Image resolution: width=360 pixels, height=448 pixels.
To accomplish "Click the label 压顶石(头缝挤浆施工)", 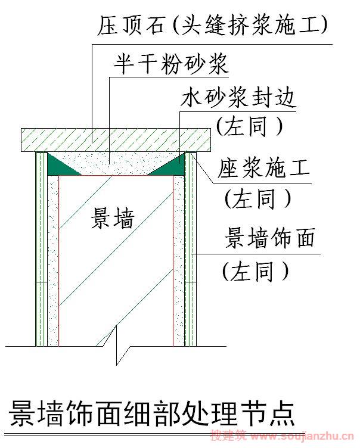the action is [x=212, y=25].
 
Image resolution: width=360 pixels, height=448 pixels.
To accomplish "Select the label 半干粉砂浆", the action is [x=171, y=64].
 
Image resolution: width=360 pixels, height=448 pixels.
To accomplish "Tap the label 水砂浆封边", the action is [x=238, y=98].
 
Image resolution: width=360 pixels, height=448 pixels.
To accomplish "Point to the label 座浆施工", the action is [x=263, y=168].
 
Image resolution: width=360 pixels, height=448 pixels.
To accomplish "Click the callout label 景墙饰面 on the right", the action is [x=269, y=238].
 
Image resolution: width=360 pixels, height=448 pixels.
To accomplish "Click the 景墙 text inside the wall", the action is [x=113, y=217].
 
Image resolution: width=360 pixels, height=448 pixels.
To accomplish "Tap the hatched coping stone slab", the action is [x=116, y=140].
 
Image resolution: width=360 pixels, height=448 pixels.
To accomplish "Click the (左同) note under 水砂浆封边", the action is [x=249, y=126].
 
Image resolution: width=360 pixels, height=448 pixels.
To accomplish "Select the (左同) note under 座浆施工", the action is [x=257, y=198].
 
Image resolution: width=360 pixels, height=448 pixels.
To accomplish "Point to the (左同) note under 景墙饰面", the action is [x=255, y=270].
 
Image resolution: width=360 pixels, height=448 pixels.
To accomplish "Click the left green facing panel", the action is [x=42, y=249].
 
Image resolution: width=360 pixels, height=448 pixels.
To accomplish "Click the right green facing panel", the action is [x=191, y=249].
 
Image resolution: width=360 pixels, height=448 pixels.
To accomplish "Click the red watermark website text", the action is [x=282, y=436].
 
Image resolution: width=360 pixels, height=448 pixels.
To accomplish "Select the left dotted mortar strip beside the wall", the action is [x=53, y=261].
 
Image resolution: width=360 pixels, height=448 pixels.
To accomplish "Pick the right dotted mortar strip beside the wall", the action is [x=179, y=261].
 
